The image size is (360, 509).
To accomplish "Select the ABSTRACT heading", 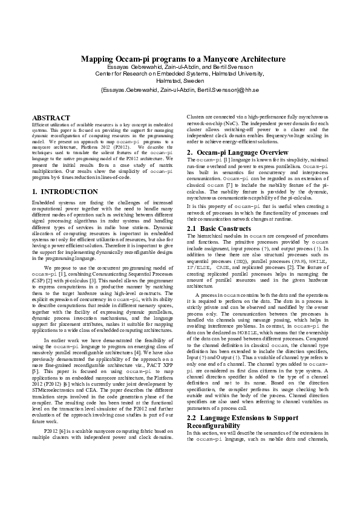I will [x=51, y=116].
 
